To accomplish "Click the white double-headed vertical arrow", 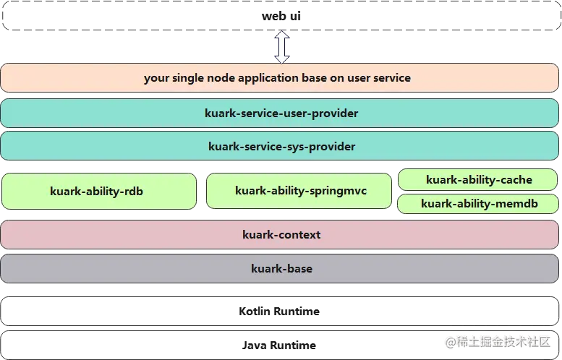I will click(x=281, y=47).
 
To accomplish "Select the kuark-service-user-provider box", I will click(x=281, y=113).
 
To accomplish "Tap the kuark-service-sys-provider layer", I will click(x=281, y=146).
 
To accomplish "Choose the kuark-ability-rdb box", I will click(x=99, y=192).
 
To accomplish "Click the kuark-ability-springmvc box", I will click(x=300, y=191).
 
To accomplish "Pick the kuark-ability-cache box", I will click(x=478, y=180).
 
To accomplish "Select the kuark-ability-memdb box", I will click(x=478, y=204).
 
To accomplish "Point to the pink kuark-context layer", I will click(x=281, y=235).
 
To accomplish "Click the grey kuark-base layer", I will click(x=281, y=268).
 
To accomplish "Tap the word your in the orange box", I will click(x=156, y=78).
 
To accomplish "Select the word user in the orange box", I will click(x=357, y=78).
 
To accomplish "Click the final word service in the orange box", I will click(x=392, y=78).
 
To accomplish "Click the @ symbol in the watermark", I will click(x=449, y=340).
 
